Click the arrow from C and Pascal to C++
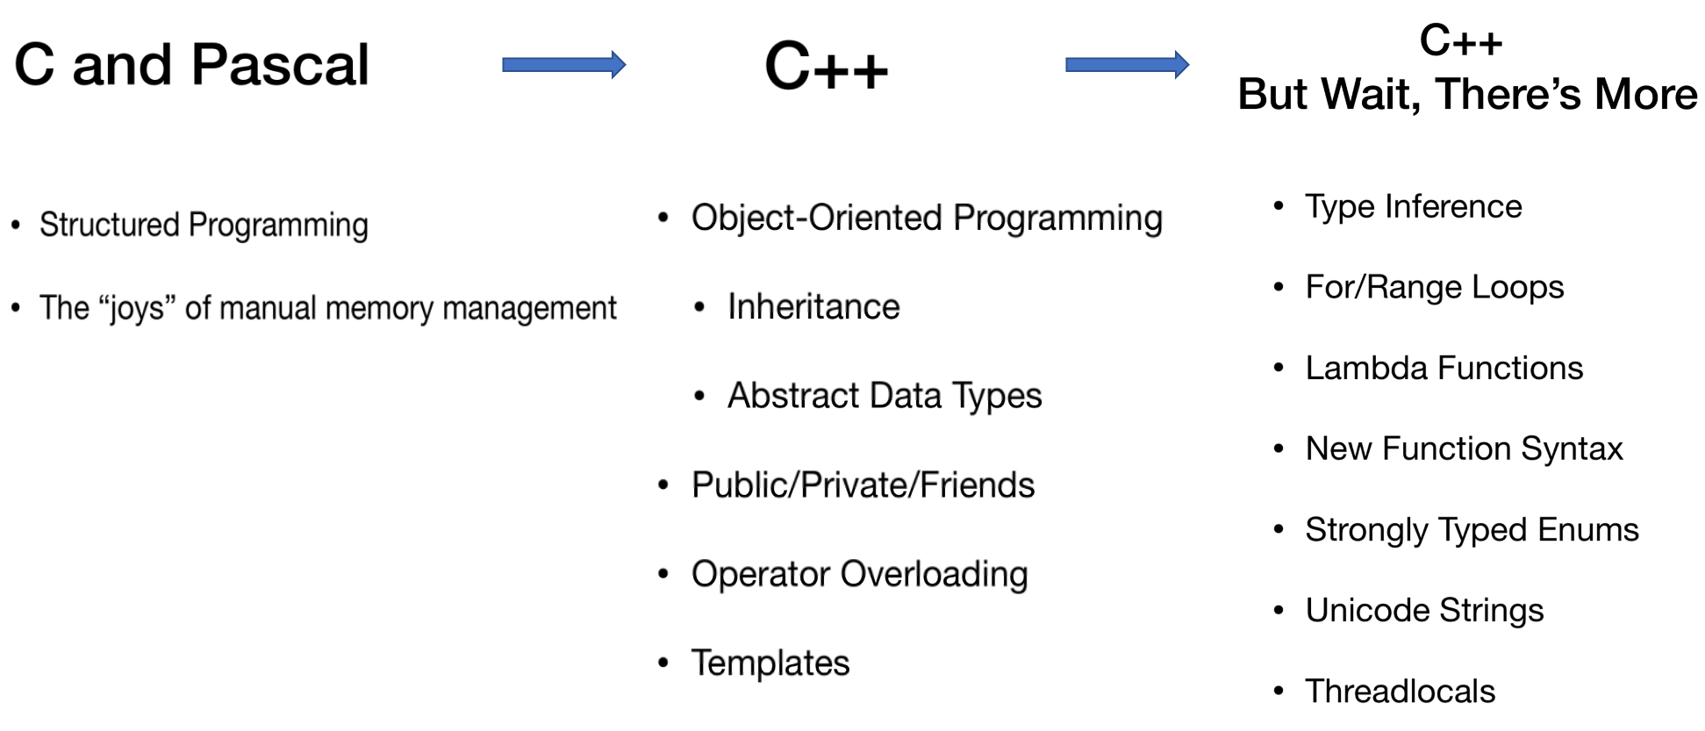pos(563,64)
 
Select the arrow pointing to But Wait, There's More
pos(1127,64)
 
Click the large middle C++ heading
pos(827,67)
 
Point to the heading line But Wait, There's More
pos(1467,95)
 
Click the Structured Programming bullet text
pos(204,226)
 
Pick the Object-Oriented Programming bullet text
pos(927,219)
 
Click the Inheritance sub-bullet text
pos(813,307)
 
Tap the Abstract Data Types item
pos(885,397)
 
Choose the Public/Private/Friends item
pos(863,485)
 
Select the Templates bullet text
pos(770,663)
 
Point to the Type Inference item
pos(1414,207)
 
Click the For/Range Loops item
pos(1435,288)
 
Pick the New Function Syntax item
pos(1465,449)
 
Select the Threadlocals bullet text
pos(1401,692)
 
